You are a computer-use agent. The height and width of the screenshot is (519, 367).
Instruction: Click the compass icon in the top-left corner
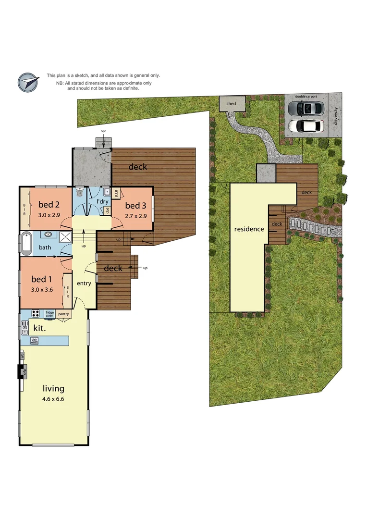(x=28, y=82)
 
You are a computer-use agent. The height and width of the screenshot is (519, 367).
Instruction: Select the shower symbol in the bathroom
(x=64, y=235)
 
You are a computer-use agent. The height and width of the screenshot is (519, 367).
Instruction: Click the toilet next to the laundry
(x=81, y=194)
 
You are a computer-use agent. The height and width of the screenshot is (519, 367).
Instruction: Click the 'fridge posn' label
(x=49, y=314)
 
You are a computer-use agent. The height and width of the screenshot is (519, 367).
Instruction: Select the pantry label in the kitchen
(x=63, y=314)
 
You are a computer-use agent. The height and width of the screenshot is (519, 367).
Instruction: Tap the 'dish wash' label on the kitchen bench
(x=35, y=340)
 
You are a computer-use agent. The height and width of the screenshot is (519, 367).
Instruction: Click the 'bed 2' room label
(x=49, y=205)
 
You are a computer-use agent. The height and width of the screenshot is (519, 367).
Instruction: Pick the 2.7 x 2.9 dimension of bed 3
(x=136, y=216)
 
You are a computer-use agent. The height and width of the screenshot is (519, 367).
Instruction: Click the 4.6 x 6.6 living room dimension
(x=53, y=399)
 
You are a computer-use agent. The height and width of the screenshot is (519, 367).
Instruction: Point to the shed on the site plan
(x=232, y=104)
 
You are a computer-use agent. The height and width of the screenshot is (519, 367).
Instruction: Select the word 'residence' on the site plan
(x=249, y=229)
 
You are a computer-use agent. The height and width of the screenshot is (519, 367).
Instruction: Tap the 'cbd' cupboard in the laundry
(x=107, y=210)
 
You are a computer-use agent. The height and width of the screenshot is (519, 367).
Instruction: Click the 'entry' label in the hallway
(x=84, y=283)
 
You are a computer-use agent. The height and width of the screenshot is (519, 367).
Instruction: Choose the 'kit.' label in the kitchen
(x=39, y=328)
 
